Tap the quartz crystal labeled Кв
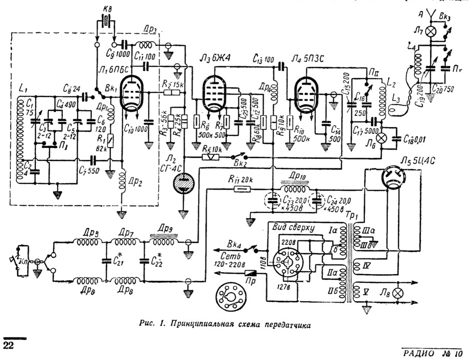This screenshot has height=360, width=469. tap(106, 21)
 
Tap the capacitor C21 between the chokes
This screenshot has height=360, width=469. tap(106, 261)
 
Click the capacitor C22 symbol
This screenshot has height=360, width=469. tap(144, 261)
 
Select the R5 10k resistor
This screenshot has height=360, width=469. tap(207, 157)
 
